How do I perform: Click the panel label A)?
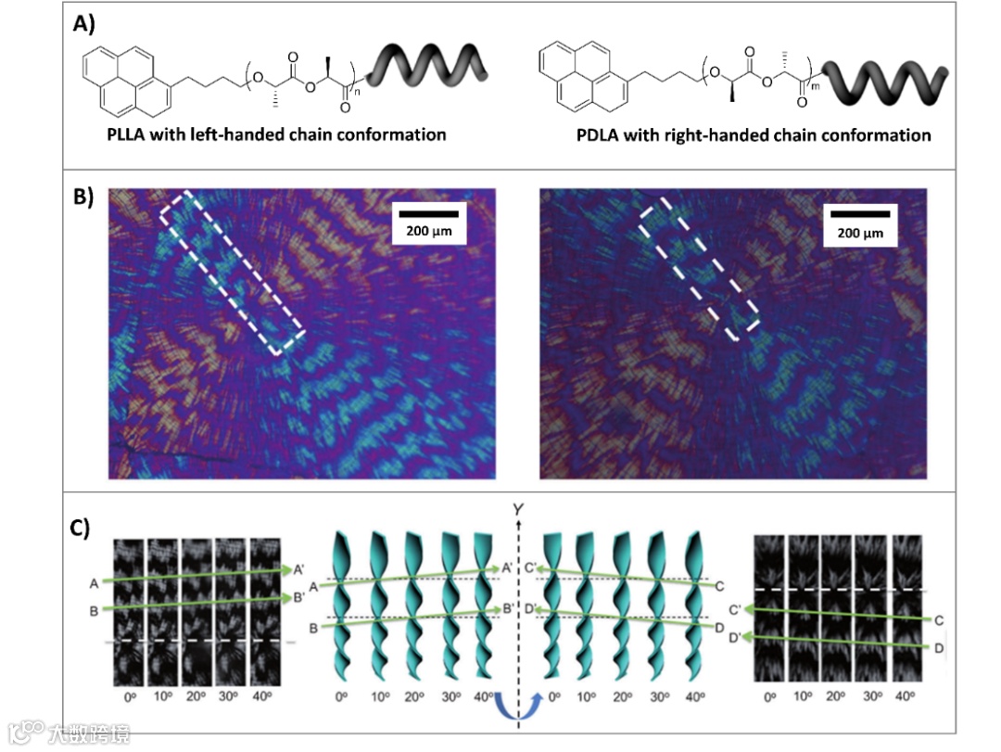click(x=86, y=27)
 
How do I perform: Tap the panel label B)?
click(x=85, y=198)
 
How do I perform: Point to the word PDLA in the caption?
click(x=595, y=135)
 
